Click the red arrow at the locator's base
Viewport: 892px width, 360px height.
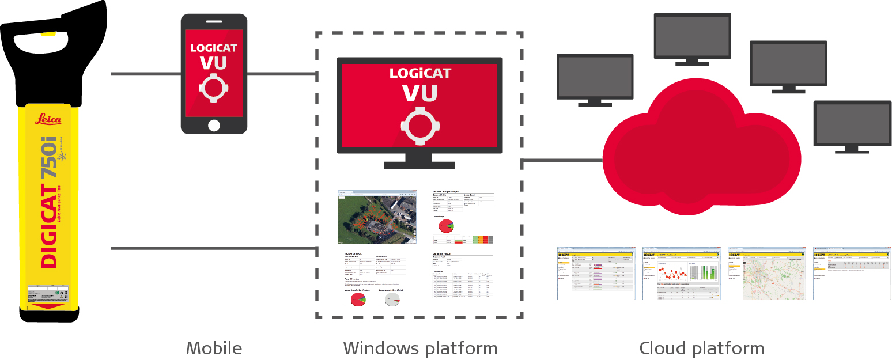[x=48, y=304]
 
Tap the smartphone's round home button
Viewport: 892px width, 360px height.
[x=214, y=125]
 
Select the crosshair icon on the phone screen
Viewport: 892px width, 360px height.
[x=214, y=88]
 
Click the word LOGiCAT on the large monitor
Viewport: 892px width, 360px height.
[x=419, y=74]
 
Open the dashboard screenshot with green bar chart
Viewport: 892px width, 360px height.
[x=681, y=274]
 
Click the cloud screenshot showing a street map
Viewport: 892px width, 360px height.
[x=766, y=274]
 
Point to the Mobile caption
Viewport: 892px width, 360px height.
[x=214, y=348]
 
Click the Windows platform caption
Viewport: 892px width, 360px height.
[x=419, y=348]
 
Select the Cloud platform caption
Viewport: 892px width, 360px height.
[x=701, y=348]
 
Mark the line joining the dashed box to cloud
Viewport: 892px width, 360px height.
[x=562, y=161]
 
